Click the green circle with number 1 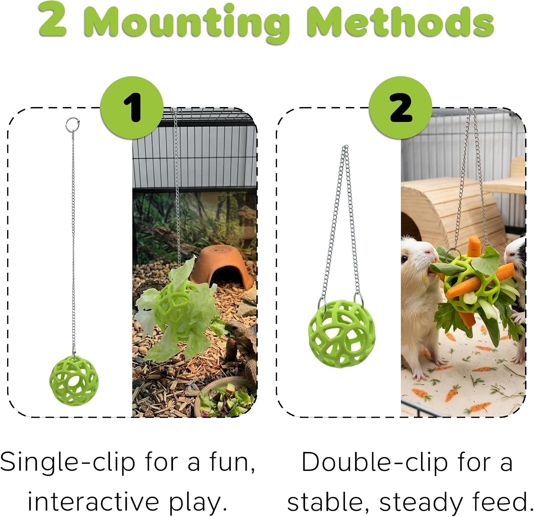[x=132, y=107]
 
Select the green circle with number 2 [x=400, y=107]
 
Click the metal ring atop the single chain [x=72, y=125]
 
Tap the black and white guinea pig [x=517, y=281]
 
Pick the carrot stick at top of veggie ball [x=474, y=247]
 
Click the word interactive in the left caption [x=94, y=502]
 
